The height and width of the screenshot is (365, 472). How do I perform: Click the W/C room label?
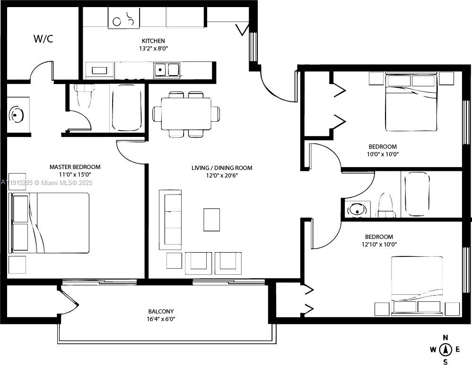[x=43, y=39]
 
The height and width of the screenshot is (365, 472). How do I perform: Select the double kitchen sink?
[x=166, y=70]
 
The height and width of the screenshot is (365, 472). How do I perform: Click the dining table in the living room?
[x=186, y=114]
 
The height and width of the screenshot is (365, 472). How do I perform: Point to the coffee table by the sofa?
[x=211, y=220]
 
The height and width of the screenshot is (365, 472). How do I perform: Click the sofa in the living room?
[x=170, y=220]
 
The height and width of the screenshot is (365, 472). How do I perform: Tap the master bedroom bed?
[x=50, y=223]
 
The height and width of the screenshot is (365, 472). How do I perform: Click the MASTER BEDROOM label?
[x=75, y=167]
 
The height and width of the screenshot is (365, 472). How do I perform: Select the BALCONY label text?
[x=161, y=311]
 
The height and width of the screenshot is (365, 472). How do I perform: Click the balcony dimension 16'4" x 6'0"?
[x=161, y=319]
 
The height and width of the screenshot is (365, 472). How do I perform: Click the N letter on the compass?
[x=445, y=337]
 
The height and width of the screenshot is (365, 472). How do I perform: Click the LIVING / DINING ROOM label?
[x=221, y=168]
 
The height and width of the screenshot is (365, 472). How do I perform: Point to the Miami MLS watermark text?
[x=47, y=183]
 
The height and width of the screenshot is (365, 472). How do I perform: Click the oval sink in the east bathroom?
[x=358, y=209]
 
